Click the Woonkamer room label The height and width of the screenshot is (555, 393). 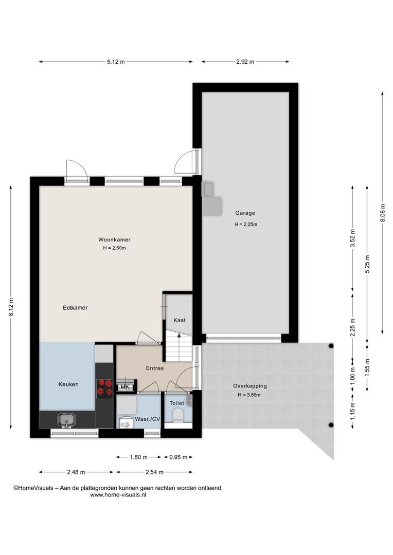pyautogui.click(x=114, y=239)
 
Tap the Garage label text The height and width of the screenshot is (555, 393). pyautogui.click(x=245, y=213)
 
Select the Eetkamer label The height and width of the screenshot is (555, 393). pyautogui.click(x=75, y=308)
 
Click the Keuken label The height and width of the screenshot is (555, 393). pyautogui.click(x=68, y=384)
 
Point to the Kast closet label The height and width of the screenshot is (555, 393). pyautogui.click(x=180, y=320)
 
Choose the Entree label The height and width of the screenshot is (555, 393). pyautogui.click(x=155, y=368)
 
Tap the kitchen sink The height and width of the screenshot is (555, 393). pyautogui.click(x=66, y=420)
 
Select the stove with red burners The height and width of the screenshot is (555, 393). pyautogui.click(x=104, y=387)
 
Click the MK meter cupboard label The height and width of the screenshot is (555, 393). pyautogui.click(x=124, y=387)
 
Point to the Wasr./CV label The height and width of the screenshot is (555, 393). pyautogui.click(x=148, y=419)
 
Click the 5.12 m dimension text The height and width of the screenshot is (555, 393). pyautogui.click(x=116, y=62)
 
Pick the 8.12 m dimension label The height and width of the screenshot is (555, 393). pyautogui.click(x=11, y=307)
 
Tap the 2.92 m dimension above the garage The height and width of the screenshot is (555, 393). pyautogui.click(x=245, y=62)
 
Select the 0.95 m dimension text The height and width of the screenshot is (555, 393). pyautogui.click(x=178, y=457)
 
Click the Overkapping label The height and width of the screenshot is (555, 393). pyautogui.click(x=250, y=386)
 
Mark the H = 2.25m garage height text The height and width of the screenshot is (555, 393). pyautogui.click(x=245, y=225)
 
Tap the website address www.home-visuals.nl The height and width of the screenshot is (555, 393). pyautogui.click(x=118, y=495)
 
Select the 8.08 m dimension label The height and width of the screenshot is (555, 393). pyautogui.click(x=382, y=213)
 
